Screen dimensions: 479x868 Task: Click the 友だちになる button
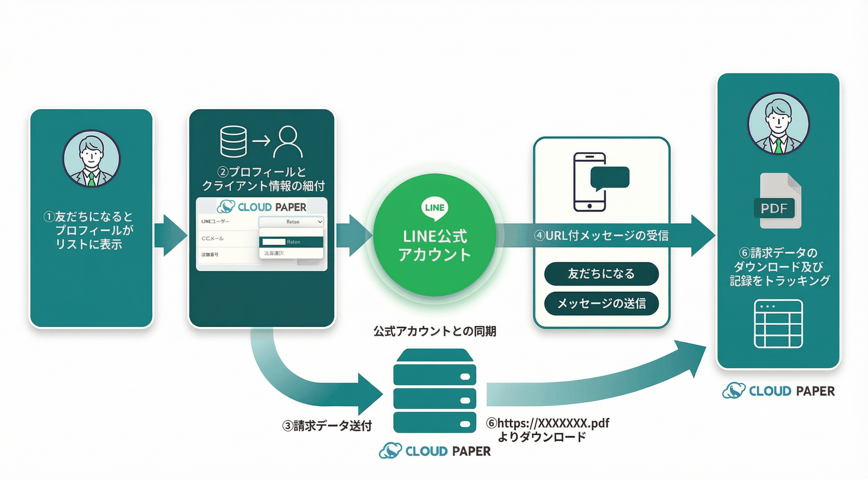point(601,274)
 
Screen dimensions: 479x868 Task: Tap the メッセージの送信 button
point(601,303)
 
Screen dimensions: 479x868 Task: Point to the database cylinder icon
point(233,142)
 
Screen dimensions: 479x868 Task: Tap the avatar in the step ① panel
point(91,158)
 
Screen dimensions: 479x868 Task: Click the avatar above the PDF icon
point(778,123)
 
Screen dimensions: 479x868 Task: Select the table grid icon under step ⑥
point(778,324)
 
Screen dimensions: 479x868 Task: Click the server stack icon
point(435,391)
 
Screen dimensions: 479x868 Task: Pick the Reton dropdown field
point(292,222)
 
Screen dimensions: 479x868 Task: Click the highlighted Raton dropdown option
point(292,242)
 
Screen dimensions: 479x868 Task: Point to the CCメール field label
point(212,239)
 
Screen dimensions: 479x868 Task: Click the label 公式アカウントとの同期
point(435,331)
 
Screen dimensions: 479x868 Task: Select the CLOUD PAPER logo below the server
point(435,451)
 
